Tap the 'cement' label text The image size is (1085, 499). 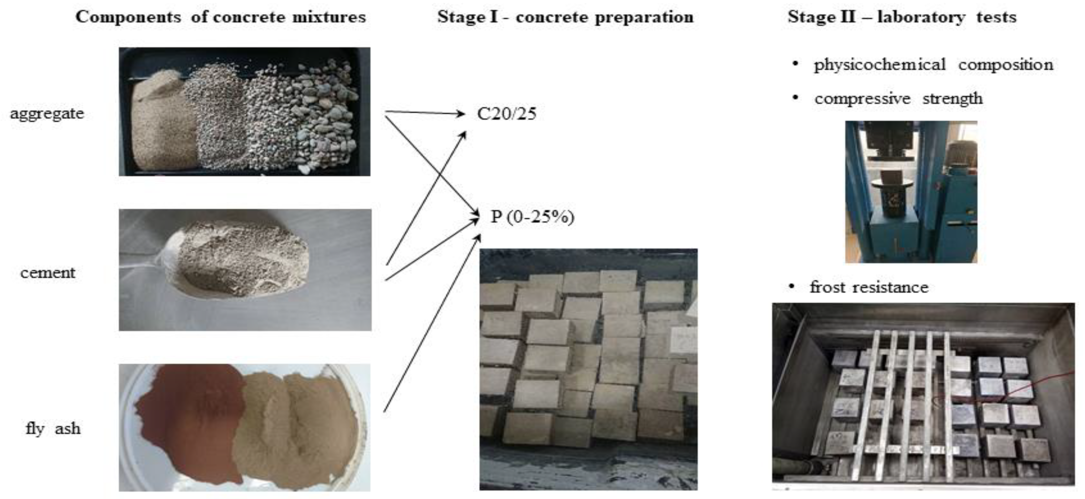point(47,273)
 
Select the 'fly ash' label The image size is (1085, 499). point(53,429)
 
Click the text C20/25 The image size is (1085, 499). point(506,114)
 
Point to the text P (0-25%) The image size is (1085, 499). point(532,217)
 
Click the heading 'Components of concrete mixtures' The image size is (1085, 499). point(220,17)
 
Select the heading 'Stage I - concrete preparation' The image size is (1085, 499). point(565,17)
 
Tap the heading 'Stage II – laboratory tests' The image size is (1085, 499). point(902,17)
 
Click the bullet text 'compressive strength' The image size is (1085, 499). point(898,99)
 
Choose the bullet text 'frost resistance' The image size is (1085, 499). point(869,287)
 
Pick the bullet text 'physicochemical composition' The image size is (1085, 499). point(933,64)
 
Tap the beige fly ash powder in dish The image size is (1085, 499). point(295,426)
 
